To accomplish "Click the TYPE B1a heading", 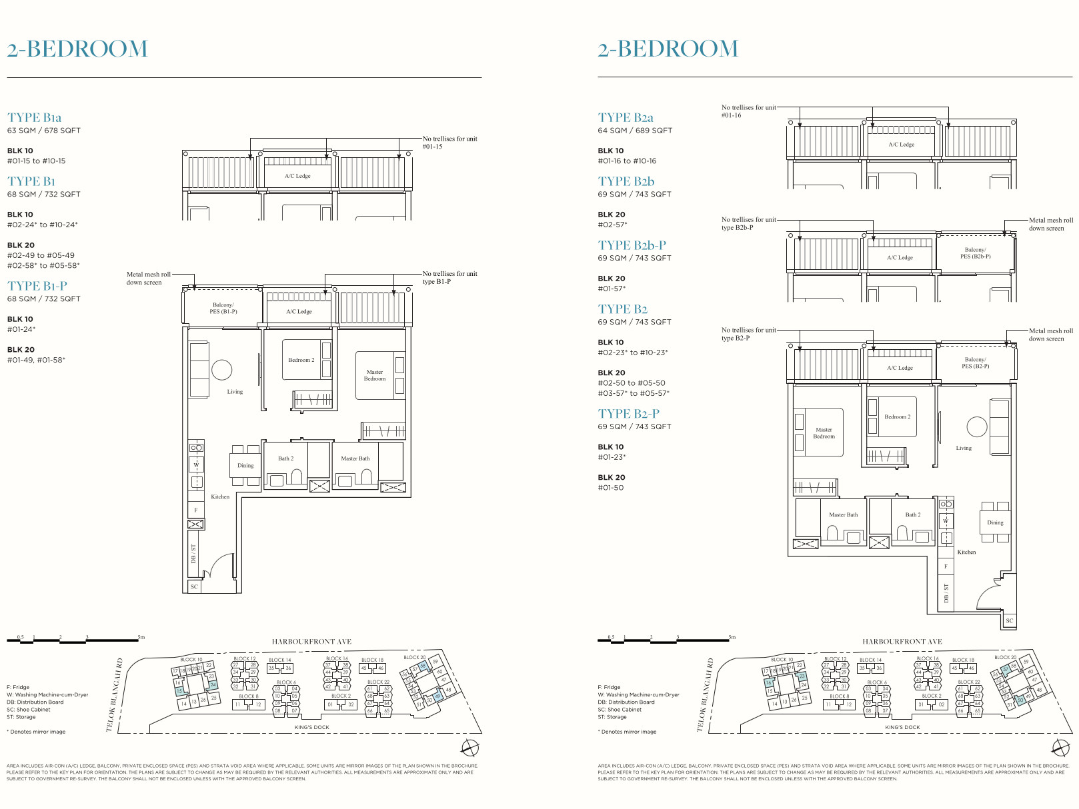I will click(35, 118).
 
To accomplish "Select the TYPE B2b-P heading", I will click(632, 245).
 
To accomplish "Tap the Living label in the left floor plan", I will click(235, 392).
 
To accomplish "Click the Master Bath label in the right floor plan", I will click(843, 515).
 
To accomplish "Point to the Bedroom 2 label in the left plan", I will click(301, 360).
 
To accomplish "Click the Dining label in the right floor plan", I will click(995, 522).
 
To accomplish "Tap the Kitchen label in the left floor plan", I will click(220, 497).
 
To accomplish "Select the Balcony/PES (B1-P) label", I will click(223, 308).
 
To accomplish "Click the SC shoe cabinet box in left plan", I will click(194, 586).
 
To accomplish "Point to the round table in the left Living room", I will click(221, 370).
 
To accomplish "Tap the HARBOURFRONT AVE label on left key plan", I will click(311, 642).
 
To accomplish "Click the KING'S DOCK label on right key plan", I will click(902, 728).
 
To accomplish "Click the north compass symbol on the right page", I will click(1060, 747).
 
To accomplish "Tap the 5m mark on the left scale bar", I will click(141, 637).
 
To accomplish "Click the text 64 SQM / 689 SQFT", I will click(635, 131).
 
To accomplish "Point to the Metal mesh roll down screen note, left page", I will click(148, 278).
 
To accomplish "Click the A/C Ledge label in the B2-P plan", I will click(900, 368).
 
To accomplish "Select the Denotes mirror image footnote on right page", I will click(628, 732).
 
